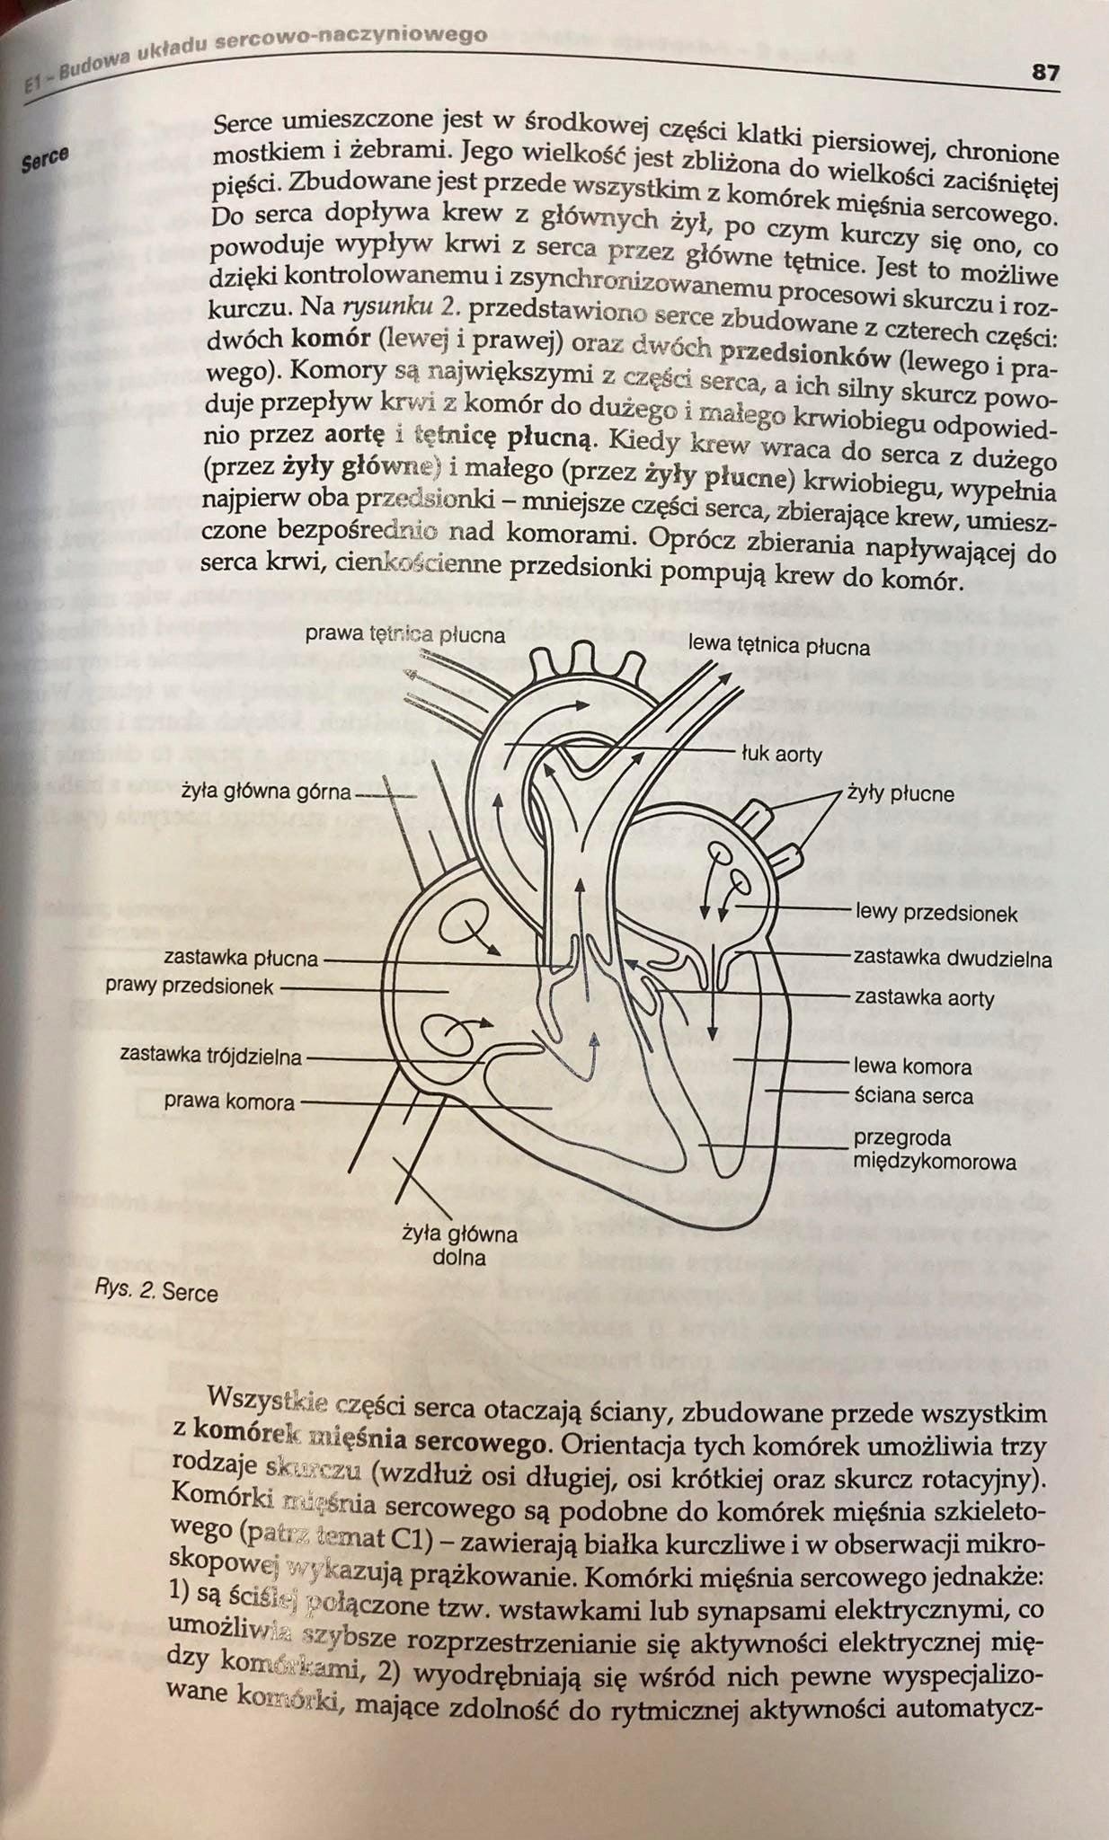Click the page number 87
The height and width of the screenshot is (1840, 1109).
tap(1044, 73)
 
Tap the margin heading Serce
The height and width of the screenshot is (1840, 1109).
tap(46, 160)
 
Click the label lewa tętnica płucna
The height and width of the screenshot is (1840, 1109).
tap(778, 646)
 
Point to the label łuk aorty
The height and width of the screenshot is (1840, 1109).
tap(782, 754)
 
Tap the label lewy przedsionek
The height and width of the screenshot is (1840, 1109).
tap(936, 914)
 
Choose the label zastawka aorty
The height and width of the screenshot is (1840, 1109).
tap(924, 997)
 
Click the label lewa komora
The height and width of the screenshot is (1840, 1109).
tap(912, 1066)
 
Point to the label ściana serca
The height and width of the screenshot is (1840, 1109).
tap(913, 1096)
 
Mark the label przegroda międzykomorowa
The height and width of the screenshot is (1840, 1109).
tap(936, 1150)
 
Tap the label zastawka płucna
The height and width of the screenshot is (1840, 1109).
tap(240, 959)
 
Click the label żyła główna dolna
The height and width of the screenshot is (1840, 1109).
tap(460, 1245)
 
